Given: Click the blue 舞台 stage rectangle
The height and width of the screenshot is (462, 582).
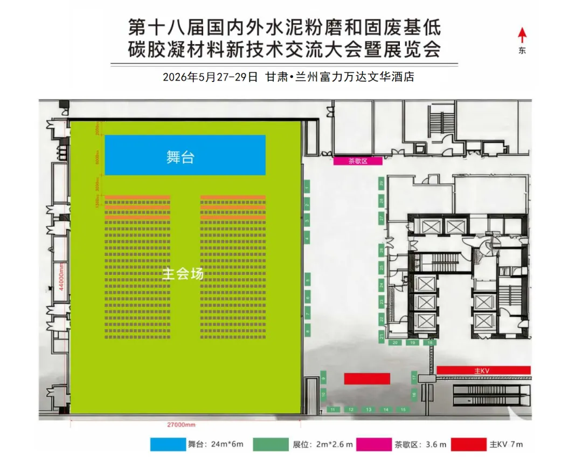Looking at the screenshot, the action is pos(185,155).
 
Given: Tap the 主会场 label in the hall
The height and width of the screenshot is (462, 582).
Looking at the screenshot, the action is pos(183,274).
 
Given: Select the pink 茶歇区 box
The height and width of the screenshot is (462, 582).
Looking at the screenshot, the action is pos(358,161).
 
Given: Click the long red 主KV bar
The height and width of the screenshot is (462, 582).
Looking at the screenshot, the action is pos(483,370).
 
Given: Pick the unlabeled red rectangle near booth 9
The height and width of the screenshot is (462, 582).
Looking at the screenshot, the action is pos(367,379).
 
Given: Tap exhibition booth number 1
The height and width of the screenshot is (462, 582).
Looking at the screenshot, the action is pos(307,188).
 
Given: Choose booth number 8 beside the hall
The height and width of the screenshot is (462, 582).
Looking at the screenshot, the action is pos(307,330).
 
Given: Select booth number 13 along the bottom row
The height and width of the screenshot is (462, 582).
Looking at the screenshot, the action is pos(369,410).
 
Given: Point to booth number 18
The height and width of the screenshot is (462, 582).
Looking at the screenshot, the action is pos(429,342).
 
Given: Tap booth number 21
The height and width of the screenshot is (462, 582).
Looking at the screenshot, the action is pos(381,337).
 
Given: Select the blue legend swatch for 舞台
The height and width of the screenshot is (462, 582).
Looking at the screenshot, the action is pos(167,444).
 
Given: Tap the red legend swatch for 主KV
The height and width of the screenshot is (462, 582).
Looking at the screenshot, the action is pos(469,444).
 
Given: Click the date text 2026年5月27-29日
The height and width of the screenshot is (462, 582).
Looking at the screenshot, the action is pos(211,77).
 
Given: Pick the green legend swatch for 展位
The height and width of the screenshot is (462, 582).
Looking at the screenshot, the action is pos(272,444).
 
